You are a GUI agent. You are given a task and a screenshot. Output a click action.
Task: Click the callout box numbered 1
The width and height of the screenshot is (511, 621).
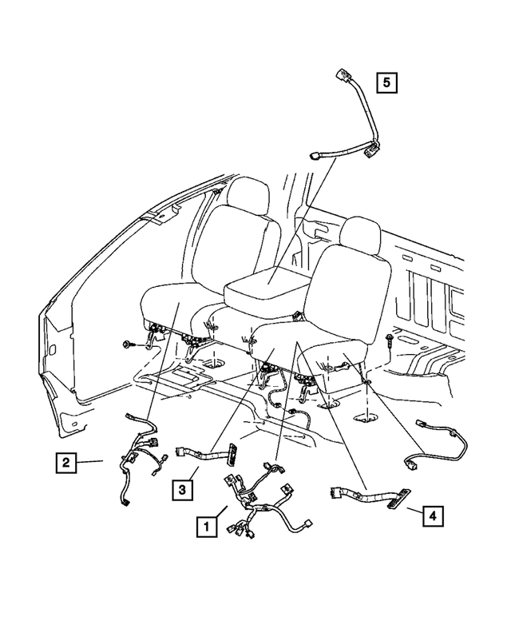click(x=206, y=527)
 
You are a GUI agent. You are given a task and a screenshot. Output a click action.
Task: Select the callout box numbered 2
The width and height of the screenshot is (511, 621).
click(x=66, y=461)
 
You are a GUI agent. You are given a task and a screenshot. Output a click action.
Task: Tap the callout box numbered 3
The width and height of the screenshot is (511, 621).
click(x=182, y=488)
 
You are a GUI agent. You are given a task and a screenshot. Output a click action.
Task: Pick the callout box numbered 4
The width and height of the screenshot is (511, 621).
click(x=431, y=516)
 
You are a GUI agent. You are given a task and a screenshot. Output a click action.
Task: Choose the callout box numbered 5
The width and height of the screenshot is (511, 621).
click(x=386, y=82)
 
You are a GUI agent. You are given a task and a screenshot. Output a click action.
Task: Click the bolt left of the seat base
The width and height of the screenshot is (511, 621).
click(x=129, y=344)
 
